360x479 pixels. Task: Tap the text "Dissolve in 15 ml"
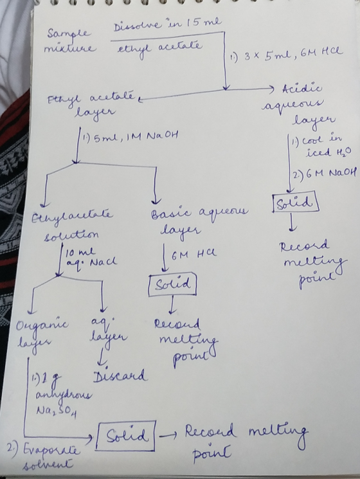click(x=168, y=24)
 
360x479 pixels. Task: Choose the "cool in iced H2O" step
click(x=321, y=147)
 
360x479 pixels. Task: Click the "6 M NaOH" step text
click(x=324, y=174)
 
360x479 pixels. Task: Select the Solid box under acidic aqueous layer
click(x=296, y=202)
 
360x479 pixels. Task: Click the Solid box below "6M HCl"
click(x=172, y=285)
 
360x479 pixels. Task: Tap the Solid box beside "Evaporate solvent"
click(x=126, y=436)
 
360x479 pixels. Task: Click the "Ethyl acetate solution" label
click(x=72, y=225)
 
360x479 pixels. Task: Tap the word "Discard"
click(x=120, y=375)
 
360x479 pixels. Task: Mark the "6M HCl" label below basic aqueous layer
click(x=194, y=254)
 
